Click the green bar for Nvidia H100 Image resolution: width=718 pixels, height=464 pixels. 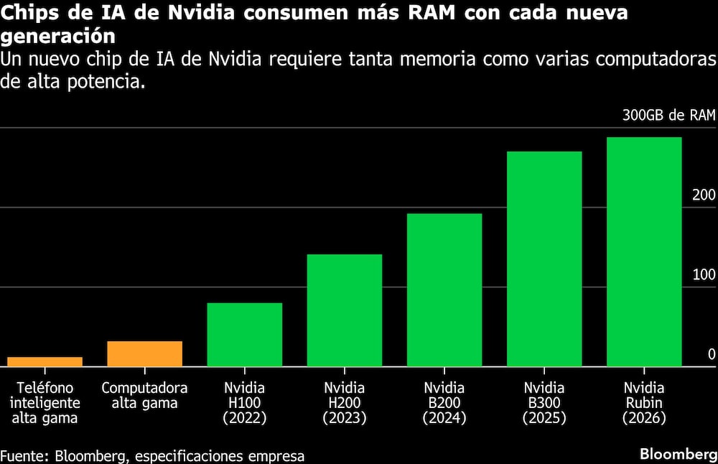pyautogui.click(x=244, y=335)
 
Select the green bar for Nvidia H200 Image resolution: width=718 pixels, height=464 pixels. pyautogui.click(x=344, y=310)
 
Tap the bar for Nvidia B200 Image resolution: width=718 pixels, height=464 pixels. pyautogui.click(x=444, y=290)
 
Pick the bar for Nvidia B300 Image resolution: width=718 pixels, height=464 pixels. pyautogui.click(x=544, y=259)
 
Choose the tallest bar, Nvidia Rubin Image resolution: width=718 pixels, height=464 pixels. pyautogui.click(x=644, y=251)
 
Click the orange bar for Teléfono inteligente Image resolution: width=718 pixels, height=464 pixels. pyautogui.click(x=45, y=361)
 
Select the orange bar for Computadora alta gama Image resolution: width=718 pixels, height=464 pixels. pyautogui.click(x=144, y=353)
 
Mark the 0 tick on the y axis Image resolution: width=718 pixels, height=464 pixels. pyautogui.click(x=712, y=354)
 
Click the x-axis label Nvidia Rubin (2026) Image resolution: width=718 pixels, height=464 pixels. pyautogui.click(x=644, y=402)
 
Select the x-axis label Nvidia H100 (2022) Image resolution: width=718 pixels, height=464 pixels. pyautogui.click(x=244, y=402)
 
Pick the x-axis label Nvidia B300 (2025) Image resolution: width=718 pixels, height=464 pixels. pyautogui.click(x=544, y=402)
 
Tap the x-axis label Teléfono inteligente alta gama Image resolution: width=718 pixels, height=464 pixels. pyautogui.click(x=45, y=402)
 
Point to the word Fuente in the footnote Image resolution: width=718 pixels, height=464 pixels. pyautogui.click(x=23, y=455)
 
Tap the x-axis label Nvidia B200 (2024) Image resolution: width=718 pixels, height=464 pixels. pyautogui.click(x=444, y=402)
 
